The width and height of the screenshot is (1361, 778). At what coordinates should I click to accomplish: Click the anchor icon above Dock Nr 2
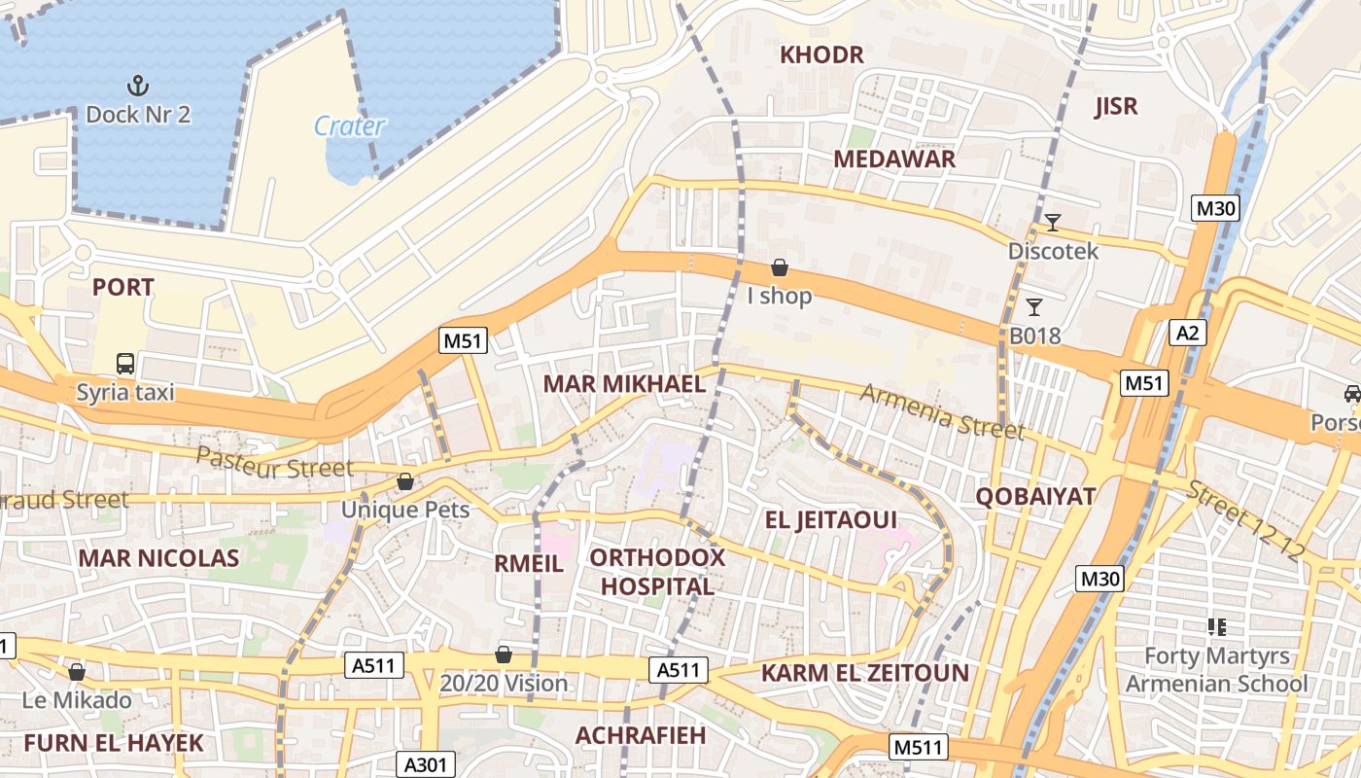pos(138,86)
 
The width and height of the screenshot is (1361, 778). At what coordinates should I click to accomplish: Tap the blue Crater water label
pos(350,125)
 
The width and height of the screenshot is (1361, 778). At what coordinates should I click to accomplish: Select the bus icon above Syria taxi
pos(125,364)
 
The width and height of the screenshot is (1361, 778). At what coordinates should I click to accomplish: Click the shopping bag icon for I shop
pos(779,267)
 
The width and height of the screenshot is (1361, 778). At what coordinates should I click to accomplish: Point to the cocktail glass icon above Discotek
pos(1052,223)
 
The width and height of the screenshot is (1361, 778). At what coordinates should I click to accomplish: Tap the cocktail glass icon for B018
pos(1034,307)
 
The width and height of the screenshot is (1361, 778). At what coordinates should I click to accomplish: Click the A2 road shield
pos(1187,333)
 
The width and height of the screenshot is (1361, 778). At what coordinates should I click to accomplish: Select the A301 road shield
pos(425,764)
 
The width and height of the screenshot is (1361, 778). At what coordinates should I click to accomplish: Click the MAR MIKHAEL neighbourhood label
pos(624,383)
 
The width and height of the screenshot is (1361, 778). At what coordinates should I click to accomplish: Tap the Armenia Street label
pos(942,410)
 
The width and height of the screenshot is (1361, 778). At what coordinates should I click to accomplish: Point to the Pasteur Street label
pos(275,464)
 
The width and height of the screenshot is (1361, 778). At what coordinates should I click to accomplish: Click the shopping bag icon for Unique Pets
pos(405,481)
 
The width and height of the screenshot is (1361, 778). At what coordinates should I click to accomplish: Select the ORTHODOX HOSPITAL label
pos(657,572)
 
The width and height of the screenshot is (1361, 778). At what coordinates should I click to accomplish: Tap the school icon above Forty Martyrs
pos(1216,627)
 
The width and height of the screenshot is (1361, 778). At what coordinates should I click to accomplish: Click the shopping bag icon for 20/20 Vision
pos(504,654)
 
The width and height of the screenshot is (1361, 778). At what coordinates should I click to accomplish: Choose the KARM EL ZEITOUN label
pos(865,673)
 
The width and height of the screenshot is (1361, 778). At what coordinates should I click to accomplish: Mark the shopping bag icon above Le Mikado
pos(77,672)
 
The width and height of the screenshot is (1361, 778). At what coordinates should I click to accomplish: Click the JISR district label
pos(1116,107)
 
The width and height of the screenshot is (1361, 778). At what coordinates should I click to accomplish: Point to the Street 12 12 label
pos(1247,520)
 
